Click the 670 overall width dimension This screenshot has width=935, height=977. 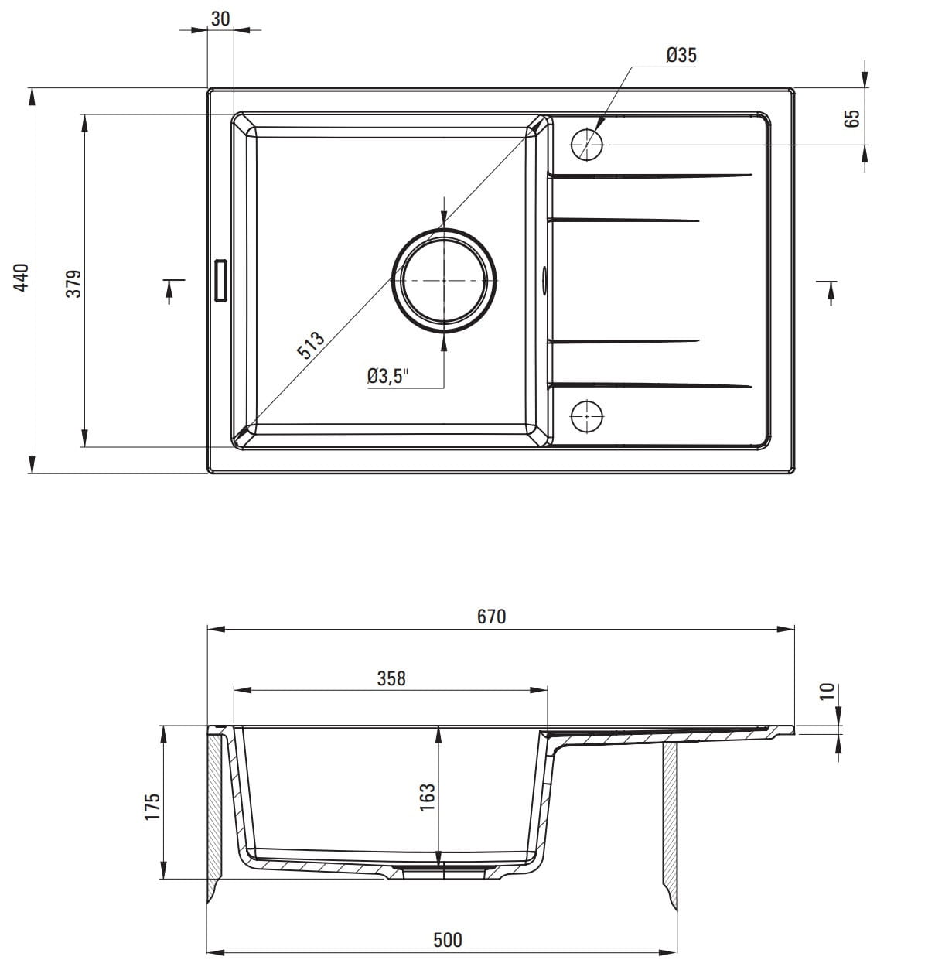491,617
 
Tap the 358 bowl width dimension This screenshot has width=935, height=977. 391,678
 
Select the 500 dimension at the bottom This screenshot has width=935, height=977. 447,940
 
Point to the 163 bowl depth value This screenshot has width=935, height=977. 427,798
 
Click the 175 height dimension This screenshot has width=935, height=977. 152,807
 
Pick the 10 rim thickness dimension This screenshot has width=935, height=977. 827,692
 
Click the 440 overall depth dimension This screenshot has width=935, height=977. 22,277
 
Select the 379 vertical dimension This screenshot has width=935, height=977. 73,284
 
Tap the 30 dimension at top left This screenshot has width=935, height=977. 220,19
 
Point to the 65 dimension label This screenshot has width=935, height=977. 851,118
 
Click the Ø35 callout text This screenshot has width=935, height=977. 681,55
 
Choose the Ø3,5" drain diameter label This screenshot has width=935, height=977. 388,376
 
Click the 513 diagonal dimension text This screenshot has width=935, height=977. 311,345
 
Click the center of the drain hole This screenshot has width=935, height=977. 444,281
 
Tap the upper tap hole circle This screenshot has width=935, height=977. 587,145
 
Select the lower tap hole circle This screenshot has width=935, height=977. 587,416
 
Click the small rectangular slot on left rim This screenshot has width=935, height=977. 221,281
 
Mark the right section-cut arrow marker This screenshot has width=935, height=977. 828,293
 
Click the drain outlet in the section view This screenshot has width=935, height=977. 444,873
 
